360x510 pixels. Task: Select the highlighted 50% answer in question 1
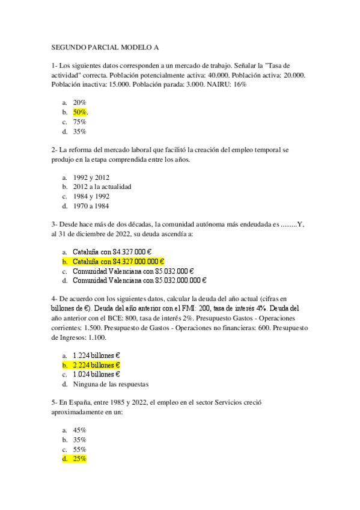80,112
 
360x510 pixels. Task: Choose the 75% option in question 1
80,122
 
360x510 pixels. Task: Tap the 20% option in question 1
80,103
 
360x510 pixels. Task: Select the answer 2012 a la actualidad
102,186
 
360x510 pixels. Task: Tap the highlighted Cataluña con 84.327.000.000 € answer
118,262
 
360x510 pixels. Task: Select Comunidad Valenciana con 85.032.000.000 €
139,280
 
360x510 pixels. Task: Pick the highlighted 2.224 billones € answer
96,365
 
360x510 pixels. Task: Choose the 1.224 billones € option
96,355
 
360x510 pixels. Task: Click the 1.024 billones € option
96,374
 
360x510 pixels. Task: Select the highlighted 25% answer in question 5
80,459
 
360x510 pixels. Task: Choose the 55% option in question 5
80,449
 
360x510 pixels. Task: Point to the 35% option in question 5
80,440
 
